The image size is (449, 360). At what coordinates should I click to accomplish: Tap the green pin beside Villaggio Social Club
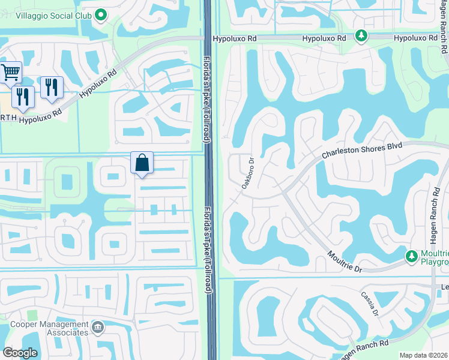(101, 14)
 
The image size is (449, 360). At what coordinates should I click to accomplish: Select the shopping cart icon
(11, 73)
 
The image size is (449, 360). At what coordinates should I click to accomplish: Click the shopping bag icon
(142, 162)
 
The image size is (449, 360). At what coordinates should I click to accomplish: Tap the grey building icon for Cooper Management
(97, 328)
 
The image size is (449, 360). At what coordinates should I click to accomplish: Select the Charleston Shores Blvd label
(361, 151)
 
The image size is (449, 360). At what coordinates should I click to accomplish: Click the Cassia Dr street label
(369, 304)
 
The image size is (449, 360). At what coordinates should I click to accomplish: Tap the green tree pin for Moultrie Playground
(412, 256)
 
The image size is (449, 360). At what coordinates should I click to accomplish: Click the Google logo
(20, 353)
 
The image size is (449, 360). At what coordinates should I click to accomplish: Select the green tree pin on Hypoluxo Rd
(361, 36)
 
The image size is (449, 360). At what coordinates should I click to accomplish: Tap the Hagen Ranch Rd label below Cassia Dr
(363, 350)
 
